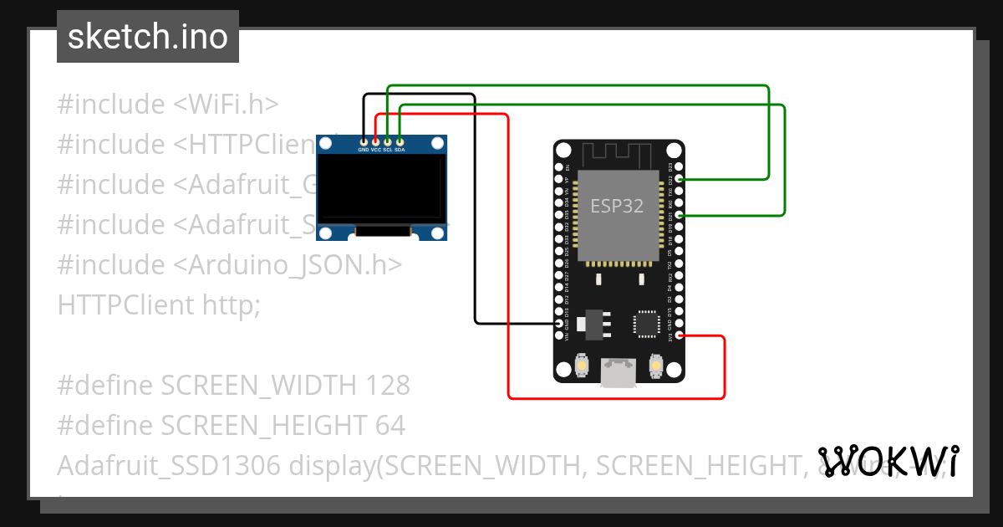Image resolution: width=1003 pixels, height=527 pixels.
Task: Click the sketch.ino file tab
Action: point(147,37)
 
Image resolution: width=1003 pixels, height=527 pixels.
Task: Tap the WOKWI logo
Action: point(888,461)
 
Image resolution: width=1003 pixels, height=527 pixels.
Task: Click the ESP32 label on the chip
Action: point(617,206)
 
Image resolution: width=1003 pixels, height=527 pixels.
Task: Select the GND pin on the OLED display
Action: point(364,141)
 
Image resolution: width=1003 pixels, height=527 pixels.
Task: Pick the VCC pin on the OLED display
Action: point(376,141)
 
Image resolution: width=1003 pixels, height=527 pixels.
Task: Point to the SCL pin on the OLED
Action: point(388,141)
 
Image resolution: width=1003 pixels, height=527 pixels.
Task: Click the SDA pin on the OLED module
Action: point(400,141)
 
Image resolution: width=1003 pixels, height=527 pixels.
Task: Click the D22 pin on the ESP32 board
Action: point(680,179)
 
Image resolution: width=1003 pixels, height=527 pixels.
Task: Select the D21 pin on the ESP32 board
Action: point(680,216)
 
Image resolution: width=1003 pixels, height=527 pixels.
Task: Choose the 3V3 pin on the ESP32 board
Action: point(680,336)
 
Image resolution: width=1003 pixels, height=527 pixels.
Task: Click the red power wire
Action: point(508,251)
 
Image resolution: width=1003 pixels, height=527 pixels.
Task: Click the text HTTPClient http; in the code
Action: point(159,304)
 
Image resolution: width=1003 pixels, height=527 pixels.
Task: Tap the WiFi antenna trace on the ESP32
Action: point(619,154)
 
